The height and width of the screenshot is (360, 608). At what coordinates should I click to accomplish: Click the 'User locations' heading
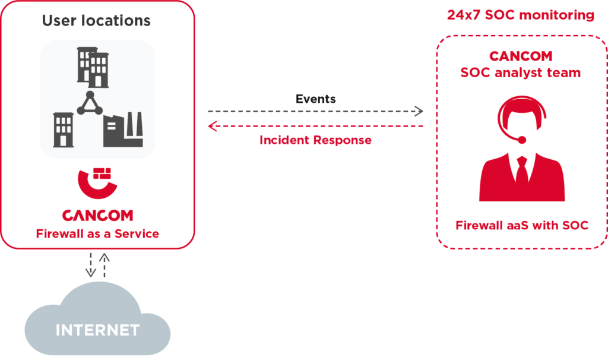(96, 21)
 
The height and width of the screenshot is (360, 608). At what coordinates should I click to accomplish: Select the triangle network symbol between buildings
(90, 105)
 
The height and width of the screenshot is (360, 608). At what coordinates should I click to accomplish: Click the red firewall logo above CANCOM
(97, 184)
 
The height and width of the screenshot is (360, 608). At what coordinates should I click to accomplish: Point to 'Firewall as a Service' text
(97, 233)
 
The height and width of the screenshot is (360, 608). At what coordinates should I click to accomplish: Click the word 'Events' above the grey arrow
(315, 99)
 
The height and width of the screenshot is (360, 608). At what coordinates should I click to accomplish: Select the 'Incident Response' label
(315, 141)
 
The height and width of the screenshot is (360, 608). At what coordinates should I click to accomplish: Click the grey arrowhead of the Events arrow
(419, 111)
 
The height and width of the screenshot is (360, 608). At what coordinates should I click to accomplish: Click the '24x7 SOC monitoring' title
(520, 15)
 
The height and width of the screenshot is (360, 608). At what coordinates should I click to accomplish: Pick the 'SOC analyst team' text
(521, 73)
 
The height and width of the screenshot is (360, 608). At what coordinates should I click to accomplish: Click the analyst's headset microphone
(521, 140)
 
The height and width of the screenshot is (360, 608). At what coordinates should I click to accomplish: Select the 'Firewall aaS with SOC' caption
(521, 226)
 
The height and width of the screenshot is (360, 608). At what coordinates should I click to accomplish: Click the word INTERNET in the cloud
(97, 330)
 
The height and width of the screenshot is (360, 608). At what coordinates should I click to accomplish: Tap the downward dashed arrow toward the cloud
(90, 265)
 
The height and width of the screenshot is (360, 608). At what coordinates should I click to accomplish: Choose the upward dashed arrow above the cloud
(104, 265)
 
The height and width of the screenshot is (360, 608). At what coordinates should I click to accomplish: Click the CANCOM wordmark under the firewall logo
(97, 215)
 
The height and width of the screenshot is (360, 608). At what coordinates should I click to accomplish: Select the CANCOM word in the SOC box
(521, 56)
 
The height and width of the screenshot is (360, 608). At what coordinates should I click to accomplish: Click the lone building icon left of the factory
(64, 130)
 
